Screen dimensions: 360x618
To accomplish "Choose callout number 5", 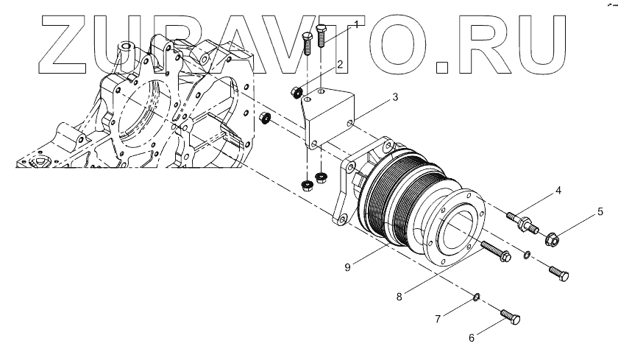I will coord(600,213).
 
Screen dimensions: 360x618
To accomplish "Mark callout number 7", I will coord(437,319).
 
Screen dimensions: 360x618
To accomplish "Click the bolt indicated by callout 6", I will coord(509,317).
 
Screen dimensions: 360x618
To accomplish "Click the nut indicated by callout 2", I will coord(296,93).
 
